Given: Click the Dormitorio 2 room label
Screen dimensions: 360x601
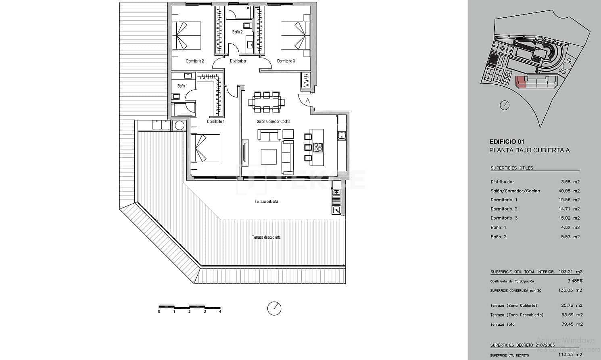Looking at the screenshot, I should pyautogui.click(x=195, y=61).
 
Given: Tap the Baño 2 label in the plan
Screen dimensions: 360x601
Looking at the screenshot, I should pyautogui.click(x=237, y=32).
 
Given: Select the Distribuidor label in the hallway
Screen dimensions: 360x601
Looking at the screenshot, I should pyautogui.click(x=238, y=61).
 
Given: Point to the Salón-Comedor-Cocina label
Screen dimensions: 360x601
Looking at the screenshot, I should pyautogui.click(x=273, y=121).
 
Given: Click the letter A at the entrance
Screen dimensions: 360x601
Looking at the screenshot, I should pyautogui.click(x=308, y=100).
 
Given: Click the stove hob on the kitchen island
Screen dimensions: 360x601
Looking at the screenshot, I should pyautogui.click(x=318, y=148).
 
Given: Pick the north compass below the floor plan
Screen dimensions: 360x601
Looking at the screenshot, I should pyautogui.click(x=274, y=309).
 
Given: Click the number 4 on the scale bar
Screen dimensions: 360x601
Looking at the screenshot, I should pyautogui.click(x=220, y=311).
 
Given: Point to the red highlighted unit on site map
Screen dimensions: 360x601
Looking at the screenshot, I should pyautogui.click(x=521, y=82).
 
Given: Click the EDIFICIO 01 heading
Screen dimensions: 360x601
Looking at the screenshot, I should pyautogui.click(x=507, y=142).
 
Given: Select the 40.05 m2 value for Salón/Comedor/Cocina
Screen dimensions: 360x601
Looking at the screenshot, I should pyautogui.click(x=570, y=191).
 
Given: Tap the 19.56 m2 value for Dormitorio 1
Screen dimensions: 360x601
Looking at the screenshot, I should pyautogui.click(x=570, y=200).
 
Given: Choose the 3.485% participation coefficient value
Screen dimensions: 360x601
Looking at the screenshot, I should pyautogui.click(x=575, y=281).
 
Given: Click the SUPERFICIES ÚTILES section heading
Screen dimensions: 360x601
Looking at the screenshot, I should pyautogui.click(x=511, y=168).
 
